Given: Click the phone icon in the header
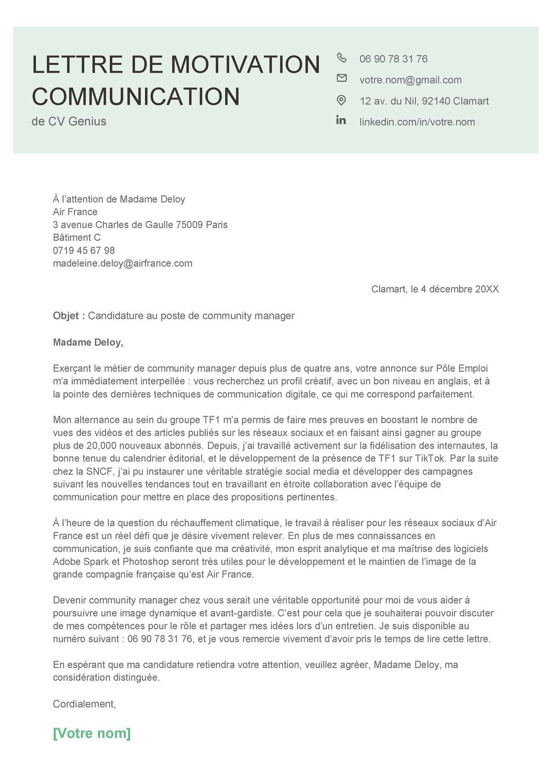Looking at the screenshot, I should pos(342,57).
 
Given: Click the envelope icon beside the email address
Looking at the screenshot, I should pos(342,78).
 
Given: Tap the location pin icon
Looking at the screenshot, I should pos(341,100).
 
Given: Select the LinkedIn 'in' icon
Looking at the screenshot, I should pos(341,120).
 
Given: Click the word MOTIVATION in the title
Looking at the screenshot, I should pos(245,65).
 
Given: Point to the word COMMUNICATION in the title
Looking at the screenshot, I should pos(136,96).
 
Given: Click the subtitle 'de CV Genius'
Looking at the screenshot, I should pos(69,122).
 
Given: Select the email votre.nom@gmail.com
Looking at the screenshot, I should pos(411,80).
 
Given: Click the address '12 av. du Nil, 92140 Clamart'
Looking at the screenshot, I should pos(424,101).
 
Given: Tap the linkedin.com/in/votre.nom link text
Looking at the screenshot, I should pos(417,122).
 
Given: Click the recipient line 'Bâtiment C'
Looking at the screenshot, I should pos(77,238).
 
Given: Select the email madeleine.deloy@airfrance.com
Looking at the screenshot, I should pos(122,263).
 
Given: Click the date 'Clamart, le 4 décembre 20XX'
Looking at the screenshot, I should pos(435,289).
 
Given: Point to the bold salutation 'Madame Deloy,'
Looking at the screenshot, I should pos(88,342).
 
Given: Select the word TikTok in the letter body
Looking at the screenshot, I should pos(430,458).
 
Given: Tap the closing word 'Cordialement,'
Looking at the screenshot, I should pos(85,704).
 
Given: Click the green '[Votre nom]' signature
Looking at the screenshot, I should pos(92,733).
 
